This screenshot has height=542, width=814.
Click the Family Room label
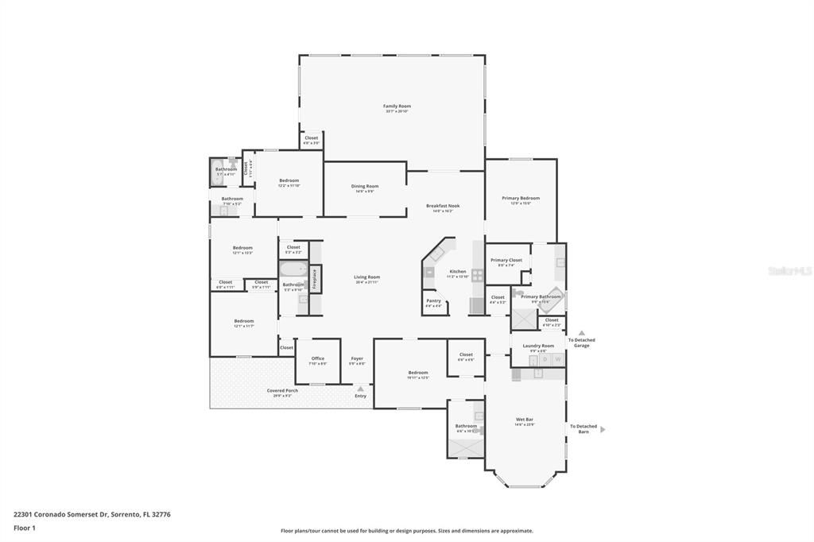click(x=397, y=106)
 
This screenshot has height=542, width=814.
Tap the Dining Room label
click(x=365, y=186)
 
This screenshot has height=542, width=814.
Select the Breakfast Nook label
click(x=443, y=206)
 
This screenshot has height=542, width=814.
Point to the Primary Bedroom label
click(x=521, y=198)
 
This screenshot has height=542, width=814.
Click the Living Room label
click(x=366, y=277)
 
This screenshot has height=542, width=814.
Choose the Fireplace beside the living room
click(x=315, y=278)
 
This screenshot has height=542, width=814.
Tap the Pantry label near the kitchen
click(x=433, y=300)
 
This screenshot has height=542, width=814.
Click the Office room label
click(x=317, y=358)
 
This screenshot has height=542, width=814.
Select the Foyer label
click(x=357, y=358)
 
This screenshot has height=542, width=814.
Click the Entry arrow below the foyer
click(x=360, y=389)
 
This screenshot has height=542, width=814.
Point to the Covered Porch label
click(x=282, y=390)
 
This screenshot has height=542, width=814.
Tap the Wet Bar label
click(x=524, y=419)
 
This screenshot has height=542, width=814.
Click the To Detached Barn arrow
click(x=603, y=429)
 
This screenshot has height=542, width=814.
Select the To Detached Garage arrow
click(x=581, y=333)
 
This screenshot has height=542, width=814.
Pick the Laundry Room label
click(x=538, y=346)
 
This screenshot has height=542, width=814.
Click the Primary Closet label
click(x=506, y=260)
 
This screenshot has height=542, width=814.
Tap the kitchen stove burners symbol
click(x=477, y=276)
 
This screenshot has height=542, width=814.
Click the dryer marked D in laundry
click(x=545, y=360)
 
